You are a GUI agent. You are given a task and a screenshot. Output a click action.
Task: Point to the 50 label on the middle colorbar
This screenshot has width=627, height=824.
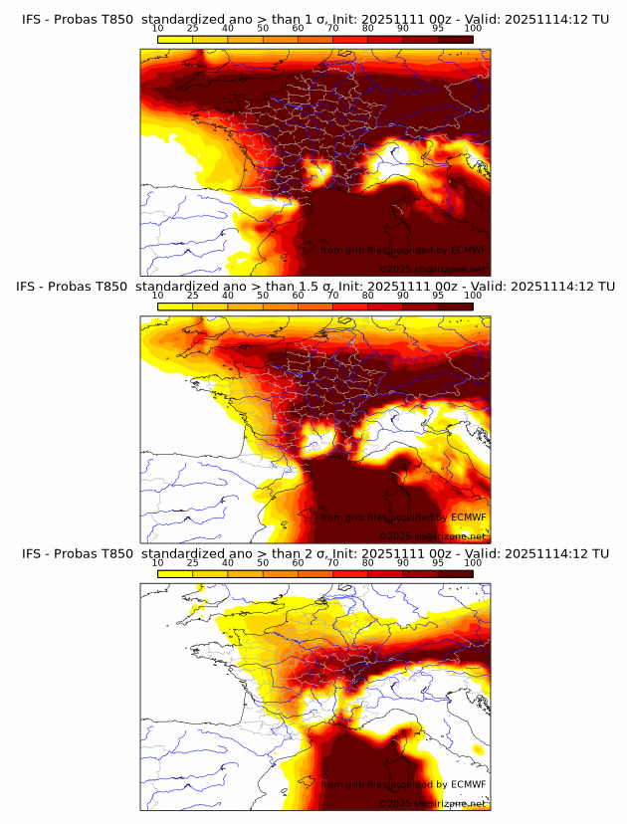[263, 296]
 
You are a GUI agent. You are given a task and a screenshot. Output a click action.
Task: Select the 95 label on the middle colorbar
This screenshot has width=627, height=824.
[438, 296]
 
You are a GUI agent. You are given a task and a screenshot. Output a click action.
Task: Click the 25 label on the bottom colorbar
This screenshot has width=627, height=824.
[193, 563]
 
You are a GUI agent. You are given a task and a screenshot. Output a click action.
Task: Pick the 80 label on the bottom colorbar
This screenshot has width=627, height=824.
[368, 563]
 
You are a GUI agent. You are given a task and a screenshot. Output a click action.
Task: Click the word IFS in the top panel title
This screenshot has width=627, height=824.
[33, 10]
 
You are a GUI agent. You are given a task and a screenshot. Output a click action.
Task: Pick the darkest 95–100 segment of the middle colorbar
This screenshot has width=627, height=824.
[455, 308]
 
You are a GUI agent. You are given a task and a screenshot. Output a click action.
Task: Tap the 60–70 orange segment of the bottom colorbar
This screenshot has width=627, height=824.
[315, 575]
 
